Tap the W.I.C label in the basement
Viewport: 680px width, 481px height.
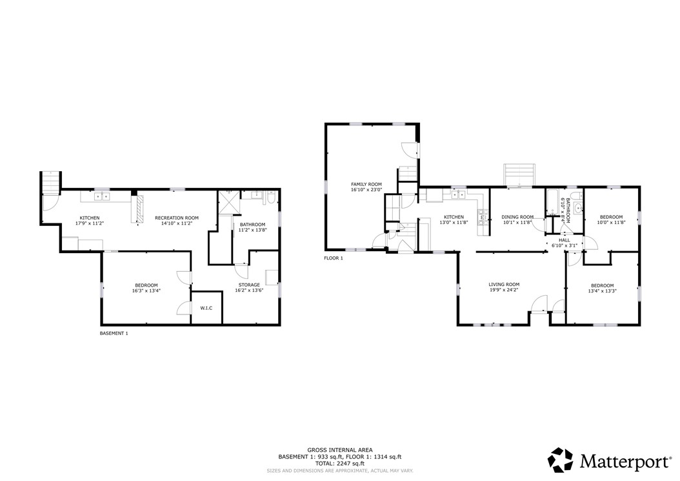coord(206,308)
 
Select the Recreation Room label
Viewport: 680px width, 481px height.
coord(177,218)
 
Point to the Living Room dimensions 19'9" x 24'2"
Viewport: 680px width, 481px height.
coord(504,290)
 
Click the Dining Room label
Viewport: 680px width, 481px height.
coord(517,217)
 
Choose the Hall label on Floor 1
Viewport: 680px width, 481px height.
coord(565,240)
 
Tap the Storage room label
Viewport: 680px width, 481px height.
coord(250,285)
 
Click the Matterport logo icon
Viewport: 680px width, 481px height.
coord(560,460)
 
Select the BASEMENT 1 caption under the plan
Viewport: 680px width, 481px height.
coord(114,333)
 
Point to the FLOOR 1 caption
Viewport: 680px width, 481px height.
coord(334,258)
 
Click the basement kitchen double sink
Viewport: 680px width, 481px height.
coord(102,197)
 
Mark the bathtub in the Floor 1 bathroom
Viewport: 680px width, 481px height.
coord(552,202)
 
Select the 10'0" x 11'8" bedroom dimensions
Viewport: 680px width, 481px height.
coord(611,222)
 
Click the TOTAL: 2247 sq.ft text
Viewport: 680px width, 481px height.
coord(339,463)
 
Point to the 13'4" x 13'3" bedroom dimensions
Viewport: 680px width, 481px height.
coord(603,291)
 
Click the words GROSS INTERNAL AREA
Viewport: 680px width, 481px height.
coord(340,450)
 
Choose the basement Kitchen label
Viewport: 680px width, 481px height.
coord(89,218)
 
